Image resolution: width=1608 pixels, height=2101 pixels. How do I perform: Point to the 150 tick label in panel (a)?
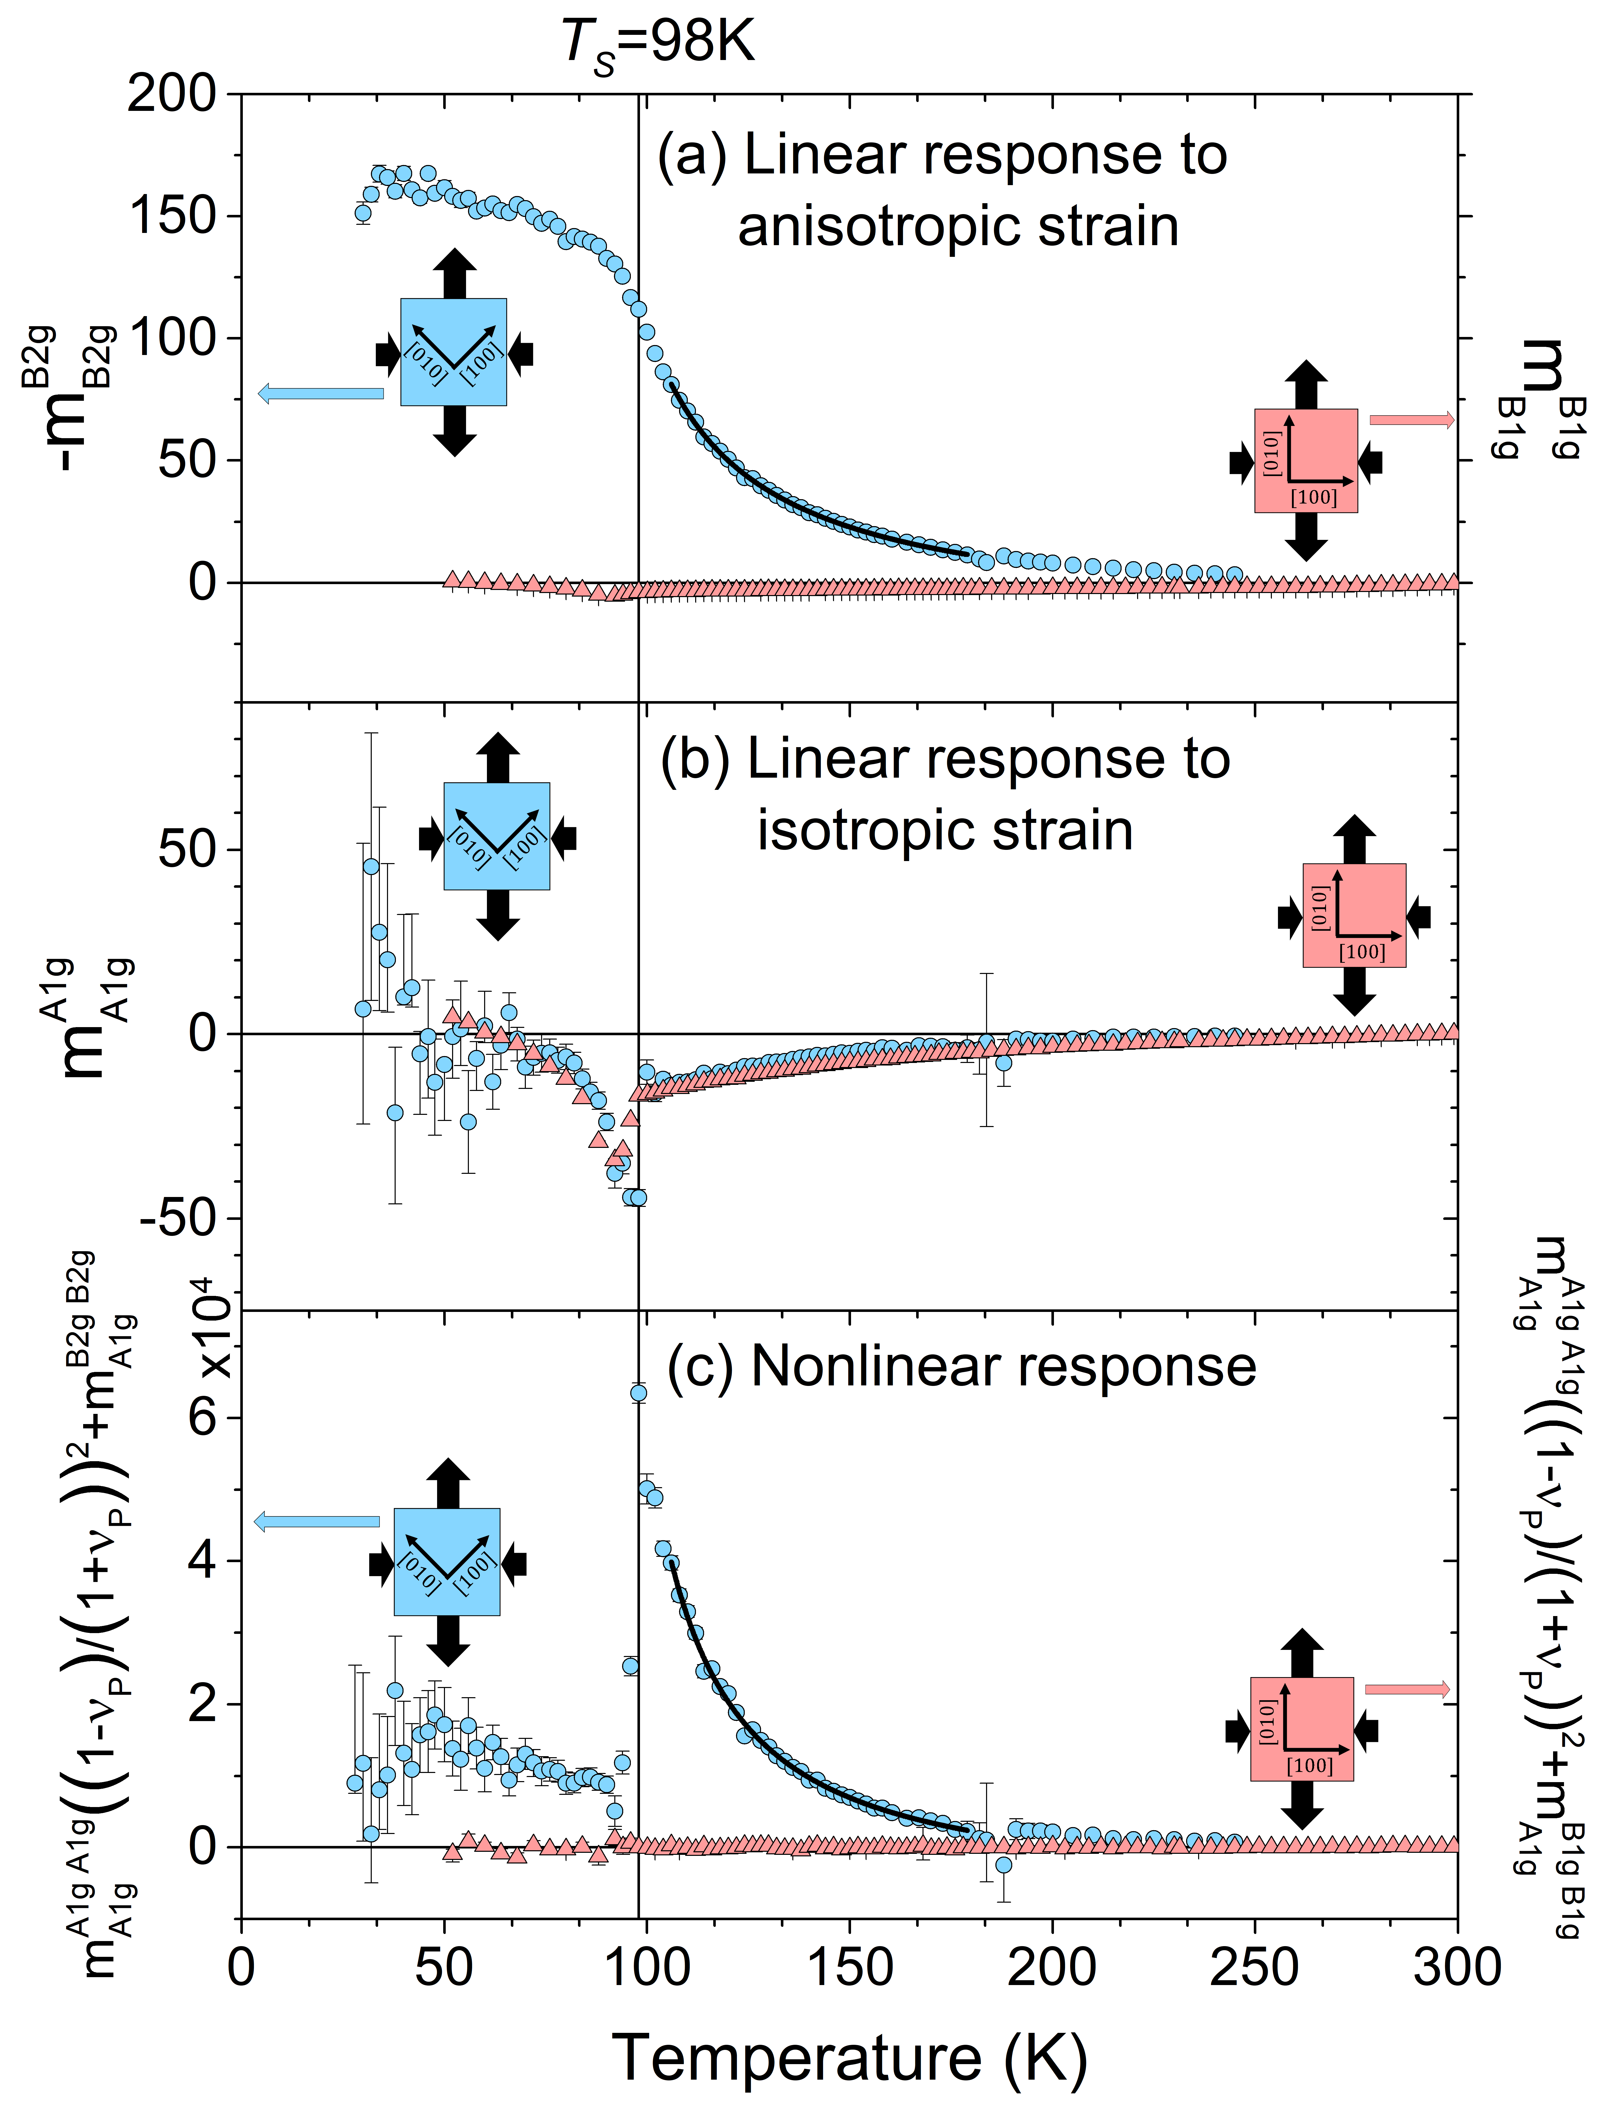[x=172, y=215]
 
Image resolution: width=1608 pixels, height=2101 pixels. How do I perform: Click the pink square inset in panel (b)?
[x=1353, y=915]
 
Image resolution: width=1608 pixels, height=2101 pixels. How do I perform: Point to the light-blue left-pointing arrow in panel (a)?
[x=321, y=392]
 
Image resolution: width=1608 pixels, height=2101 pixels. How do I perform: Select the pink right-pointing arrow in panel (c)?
[x=1407, y=1689]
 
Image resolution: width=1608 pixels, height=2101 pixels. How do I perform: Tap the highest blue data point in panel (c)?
[x=638, y=1393]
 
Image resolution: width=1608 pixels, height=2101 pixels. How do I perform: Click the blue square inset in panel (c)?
[x=446, y=1562]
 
